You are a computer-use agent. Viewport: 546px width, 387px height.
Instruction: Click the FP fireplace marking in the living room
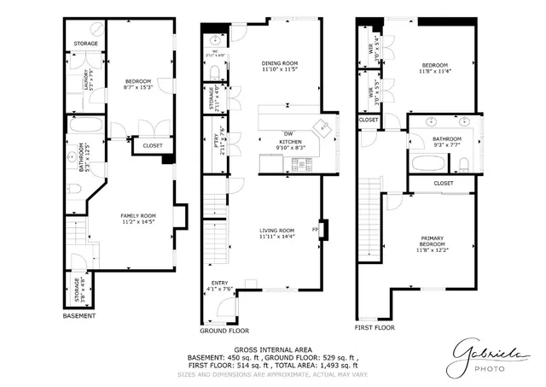tap(316, 229)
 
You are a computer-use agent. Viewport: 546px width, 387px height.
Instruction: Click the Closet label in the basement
tap(152, 146)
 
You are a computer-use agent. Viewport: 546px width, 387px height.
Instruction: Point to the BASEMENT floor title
tap(79, 315)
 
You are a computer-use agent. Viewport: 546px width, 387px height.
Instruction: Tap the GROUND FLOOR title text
tap(224, 330)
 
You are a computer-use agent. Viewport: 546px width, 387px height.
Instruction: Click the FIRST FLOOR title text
tap(375, 327)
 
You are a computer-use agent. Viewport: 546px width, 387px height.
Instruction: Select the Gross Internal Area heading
tap(272, 349)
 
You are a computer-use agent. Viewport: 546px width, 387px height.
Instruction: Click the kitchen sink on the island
tap(324, 128)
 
